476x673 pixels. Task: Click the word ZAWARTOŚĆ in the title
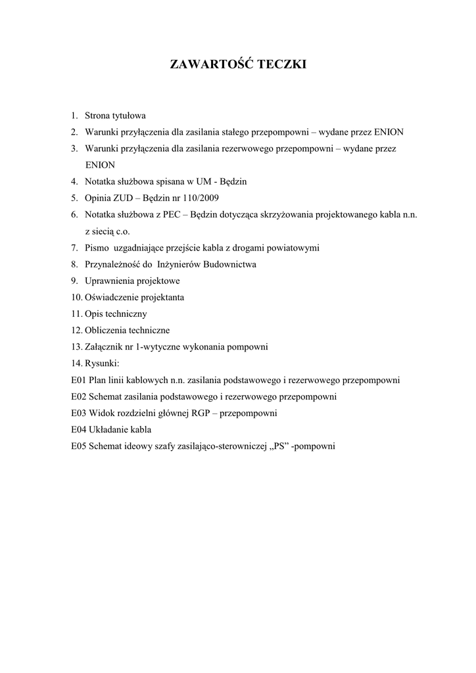click(205, 64)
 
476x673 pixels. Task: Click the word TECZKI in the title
click(276, 64)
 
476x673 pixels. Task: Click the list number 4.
click(75, 181)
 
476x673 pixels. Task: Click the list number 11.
click(76, 313)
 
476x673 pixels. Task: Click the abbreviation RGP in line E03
click(201, 413)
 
